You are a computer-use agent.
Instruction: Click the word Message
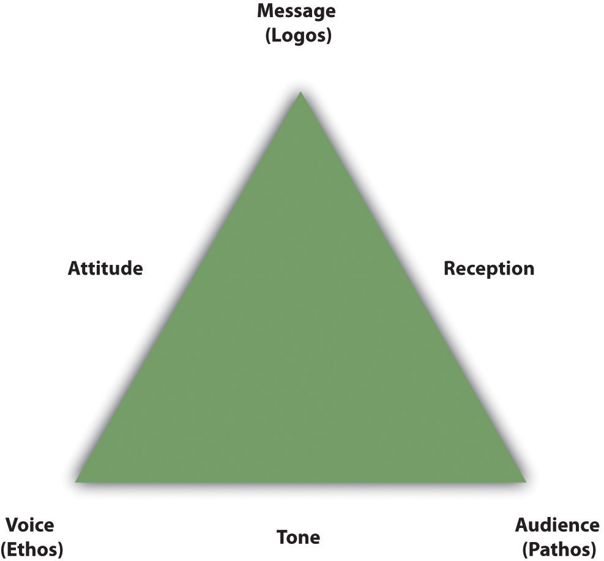click(296, 12)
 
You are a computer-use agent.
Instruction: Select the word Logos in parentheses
click(299, 36)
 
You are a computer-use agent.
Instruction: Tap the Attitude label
click(105, 268)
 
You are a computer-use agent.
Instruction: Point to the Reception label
click(489, 269)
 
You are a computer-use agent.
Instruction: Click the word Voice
click(30, 525)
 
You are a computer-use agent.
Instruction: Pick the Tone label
click(299, 537)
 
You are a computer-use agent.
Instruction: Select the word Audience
click(557, 525)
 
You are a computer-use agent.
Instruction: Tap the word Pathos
click(559, 549)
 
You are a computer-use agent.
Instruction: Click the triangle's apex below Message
click(300, 91)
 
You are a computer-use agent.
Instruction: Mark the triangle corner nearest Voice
click(75, 481)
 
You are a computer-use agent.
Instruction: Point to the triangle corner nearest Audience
click(526, 481)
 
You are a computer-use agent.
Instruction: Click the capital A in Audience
click(523, 525)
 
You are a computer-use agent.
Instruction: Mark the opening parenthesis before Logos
click(269, 37)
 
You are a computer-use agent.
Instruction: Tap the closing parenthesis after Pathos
click(593, 550)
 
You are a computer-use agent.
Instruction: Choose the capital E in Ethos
click(14, 549)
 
